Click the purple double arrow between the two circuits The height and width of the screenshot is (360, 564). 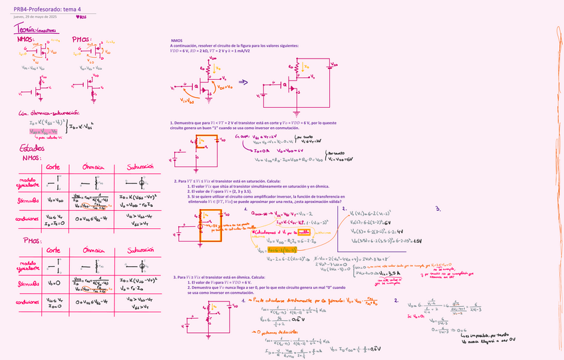[x=243, y=83]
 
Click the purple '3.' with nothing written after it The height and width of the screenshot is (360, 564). [x=437, y=209]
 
